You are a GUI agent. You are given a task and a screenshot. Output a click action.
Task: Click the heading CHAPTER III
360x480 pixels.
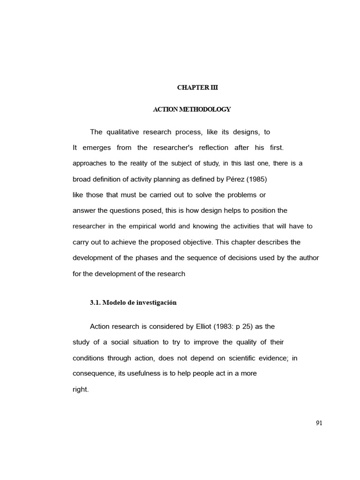[x=197, y=88]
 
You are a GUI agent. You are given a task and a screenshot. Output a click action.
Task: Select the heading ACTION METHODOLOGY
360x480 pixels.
[x=192, y=109]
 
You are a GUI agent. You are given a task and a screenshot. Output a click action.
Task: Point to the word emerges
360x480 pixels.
[x=97, y=148]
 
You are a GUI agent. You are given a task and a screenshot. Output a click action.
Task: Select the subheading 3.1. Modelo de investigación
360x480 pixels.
[x=133, y=302]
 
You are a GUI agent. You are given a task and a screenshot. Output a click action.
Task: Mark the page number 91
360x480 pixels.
[x=319, y=423]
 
